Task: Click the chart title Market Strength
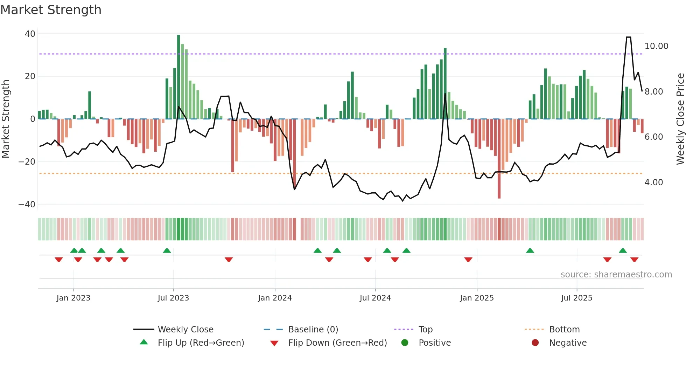51,10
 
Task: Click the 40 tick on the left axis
30,34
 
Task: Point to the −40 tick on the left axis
27,204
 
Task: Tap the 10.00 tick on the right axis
656,46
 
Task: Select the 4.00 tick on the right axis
653,182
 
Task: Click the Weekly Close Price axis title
680,119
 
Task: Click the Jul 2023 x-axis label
173,298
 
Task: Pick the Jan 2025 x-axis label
477,298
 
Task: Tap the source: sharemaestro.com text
616,275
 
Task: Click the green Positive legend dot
405,343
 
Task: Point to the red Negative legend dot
535,343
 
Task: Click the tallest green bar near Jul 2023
178,77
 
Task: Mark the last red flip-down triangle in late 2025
634,260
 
